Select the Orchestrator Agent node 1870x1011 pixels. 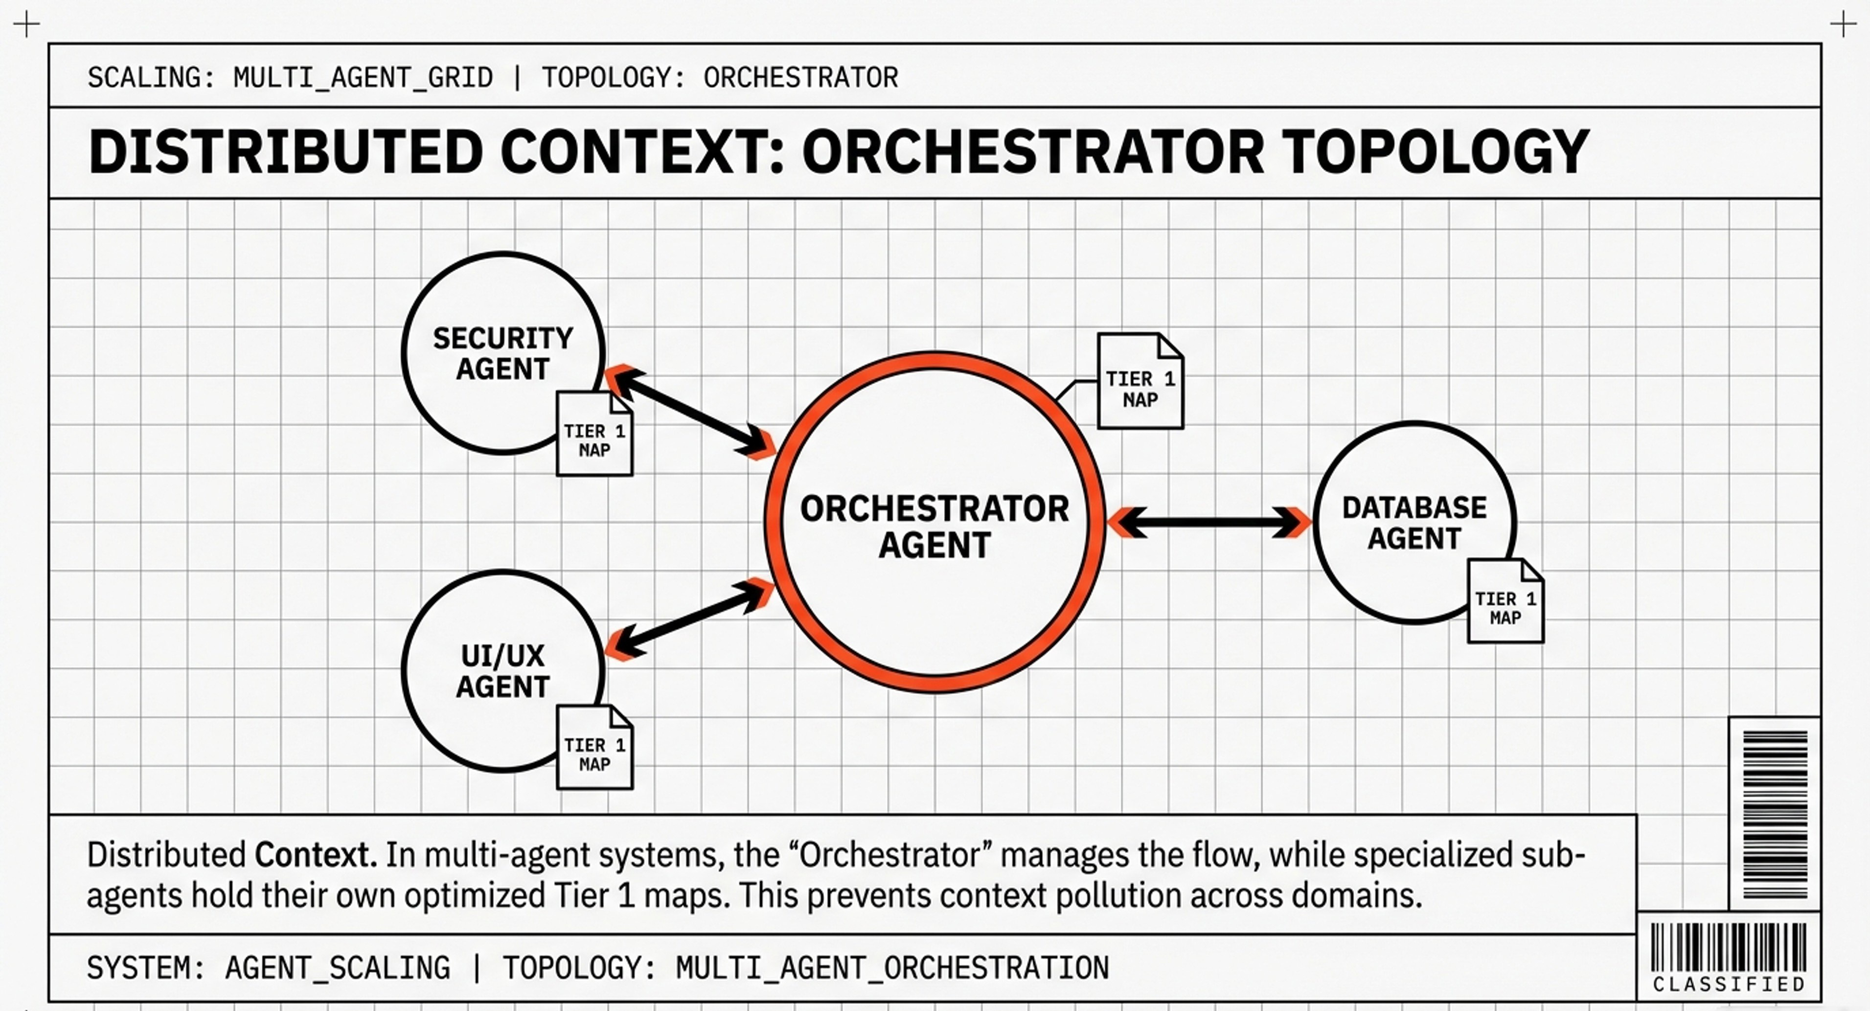pos(935,523)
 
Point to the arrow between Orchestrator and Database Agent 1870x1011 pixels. pos(1210,522)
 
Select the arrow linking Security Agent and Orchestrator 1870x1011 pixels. pos(690,414)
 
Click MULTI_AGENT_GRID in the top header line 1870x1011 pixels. pos(363,77)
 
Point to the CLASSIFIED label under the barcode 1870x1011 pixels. pos(1729,984)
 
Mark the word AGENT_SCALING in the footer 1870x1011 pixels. pos(338,968)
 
